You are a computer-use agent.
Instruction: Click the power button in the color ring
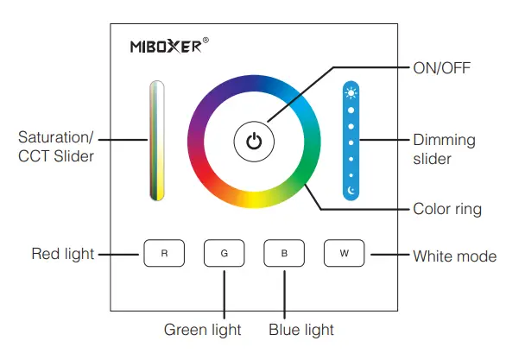click(x=254, y=142)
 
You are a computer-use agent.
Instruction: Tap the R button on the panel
click(x=164, y=254)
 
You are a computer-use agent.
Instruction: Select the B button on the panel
click(x=284, y=254)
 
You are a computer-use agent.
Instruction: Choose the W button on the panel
click(x=345, y=254)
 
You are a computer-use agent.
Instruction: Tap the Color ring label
click(x=447, y=209)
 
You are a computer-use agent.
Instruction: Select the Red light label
click(x=63, y=254)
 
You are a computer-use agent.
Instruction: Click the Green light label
click(x=203, y=329)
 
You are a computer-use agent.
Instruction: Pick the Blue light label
click(x=301, y=329)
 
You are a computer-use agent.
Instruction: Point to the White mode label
click(x=454, y=256)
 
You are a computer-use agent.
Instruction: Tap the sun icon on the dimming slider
click(x=351, y=93)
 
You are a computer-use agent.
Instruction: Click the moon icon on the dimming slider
click(x=351, y=190)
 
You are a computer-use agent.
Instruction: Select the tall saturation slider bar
click(x=156, y=142)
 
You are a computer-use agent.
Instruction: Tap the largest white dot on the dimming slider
click(x=351, y=111)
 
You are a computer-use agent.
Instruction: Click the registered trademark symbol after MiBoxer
click(x=206, y=40)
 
